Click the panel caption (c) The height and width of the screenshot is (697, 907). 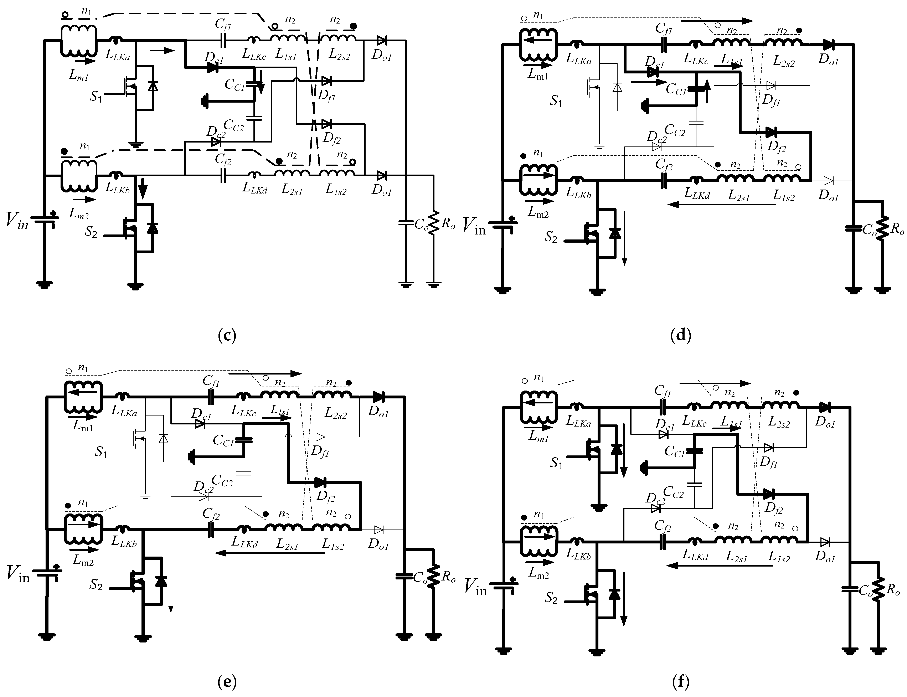pyautogui.click(x=227, y=335)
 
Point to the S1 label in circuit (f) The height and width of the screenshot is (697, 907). pyautogui.click(x=556, y=463)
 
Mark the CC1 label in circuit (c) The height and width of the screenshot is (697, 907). pyautogui.click(x=235, y=84)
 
